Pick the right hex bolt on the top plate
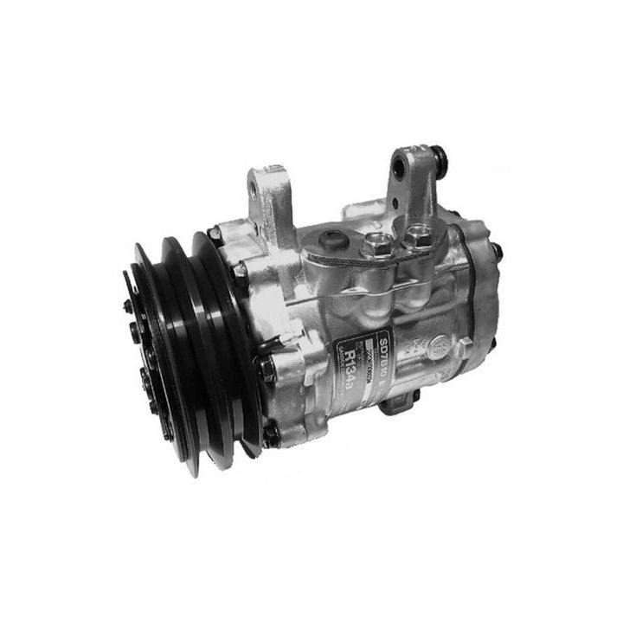[421, 234]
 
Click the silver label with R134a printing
[363, 355]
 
